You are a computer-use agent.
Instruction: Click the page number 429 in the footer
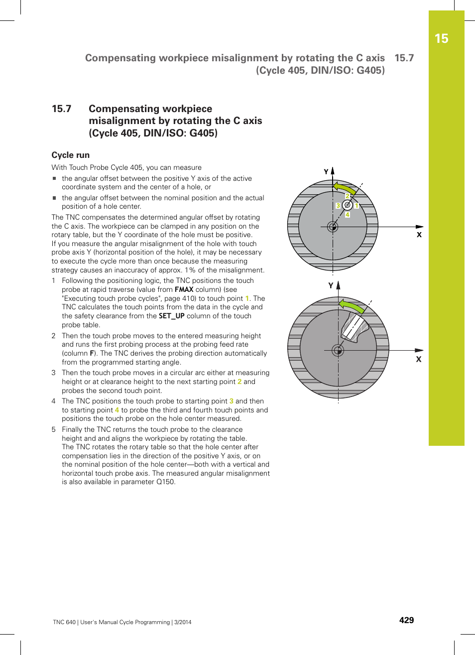406,620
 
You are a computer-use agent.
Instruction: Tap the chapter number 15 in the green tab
441,39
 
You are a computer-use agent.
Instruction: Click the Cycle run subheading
71,155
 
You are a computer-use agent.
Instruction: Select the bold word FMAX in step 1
184,289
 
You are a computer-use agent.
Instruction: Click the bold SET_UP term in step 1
171,316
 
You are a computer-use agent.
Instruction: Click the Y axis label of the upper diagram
326,172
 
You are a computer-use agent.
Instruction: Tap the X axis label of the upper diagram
419,235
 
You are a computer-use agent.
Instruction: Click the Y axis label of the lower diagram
331,285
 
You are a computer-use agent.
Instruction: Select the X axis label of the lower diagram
419,359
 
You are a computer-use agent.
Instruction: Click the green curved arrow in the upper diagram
345,188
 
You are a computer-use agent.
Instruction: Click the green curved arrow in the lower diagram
351,306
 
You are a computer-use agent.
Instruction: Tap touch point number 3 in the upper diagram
338,205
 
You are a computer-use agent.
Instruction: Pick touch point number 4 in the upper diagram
348,215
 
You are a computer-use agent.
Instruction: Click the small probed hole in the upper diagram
348,205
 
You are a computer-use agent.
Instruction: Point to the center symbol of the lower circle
338,350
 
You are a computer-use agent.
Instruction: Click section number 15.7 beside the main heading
62,109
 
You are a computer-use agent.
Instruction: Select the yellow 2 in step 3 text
239,382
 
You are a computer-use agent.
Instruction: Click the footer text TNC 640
64,622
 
